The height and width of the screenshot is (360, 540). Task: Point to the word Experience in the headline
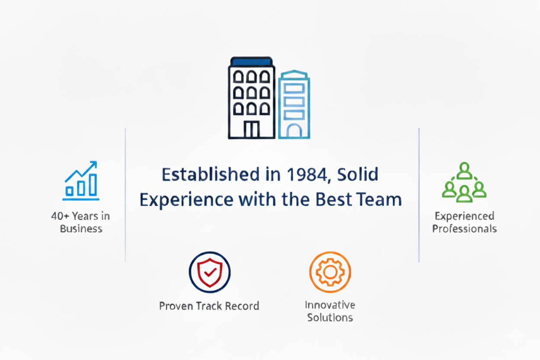pos(186,201)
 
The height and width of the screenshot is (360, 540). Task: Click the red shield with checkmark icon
pos(210,273)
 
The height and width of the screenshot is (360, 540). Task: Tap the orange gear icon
pos(330,272)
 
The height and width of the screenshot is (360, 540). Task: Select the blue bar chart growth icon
pos(81,180)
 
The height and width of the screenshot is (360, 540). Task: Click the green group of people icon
pos(464,182)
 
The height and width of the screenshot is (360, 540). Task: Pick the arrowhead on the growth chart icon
pos(93,164)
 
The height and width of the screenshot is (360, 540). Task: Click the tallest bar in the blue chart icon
pos(93,185)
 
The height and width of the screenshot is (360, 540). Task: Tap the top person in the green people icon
pos(464,170)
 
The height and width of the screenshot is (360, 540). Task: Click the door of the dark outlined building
pos(252,129)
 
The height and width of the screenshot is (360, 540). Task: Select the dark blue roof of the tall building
pos(251,61)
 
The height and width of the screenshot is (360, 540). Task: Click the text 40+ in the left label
pos(60,216)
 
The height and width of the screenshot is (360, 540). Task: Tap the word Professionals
pos(465,228)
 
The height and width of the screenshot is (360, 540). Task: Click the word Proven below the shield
pos(176,306)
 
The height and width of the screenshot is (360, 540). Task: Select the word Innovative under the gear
pos(330,305)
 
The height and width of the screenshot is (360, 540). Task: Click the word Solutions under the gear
pos(330,318)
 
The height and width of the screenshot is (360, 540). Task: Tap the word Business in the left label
pos(81,228)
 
